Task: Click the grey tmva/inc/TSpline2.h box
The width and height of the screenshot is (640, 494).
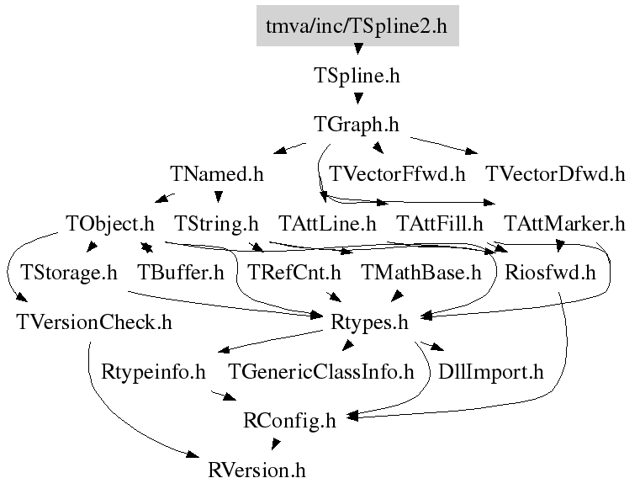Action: (x=357, y=26)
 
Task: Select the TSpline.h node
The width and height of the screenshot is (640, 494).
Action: (x=357, y=76)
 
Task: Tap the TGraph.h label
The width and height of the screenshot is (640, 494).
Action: (x=357, y=125)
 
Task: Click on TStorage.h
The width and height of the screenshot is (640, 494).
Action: (x=69, y=273)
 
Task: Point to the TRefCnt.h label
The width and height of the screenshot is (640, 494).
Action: (x=294, y=273)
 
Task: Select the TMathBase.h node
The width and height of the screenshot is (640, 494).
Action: (x=420, y=273)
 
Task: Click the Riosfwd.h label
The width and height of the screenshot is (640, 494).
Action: (x=550, y=273)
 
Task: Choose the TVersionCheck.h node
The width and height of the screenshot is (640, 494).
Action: (x=93, y=321)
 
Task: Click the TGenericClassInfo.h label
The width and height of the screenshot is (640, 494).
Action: (x=321, y=371)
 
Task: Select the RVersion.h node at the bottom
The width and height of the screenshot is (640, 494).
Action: (x=257, y=470)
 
